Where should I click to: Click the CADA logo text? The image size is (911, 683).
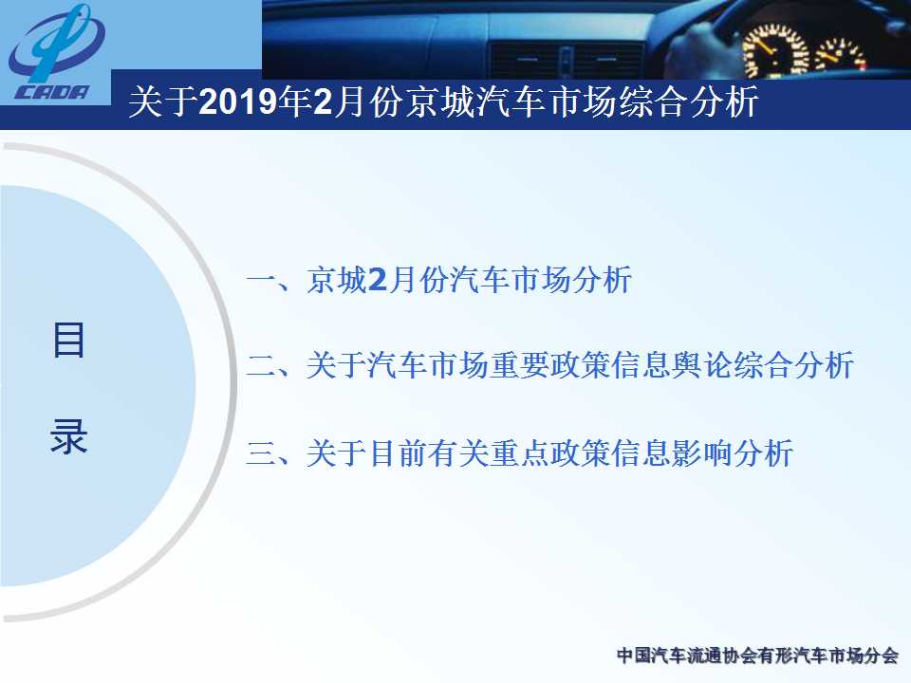(52, 92)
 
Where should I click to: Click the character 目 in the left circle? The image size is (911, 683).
(68, 341)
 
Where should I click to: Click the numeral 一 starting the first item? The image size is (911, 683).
(262, 281)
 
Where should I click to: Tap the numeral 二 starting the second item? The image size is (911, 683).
(262, 366)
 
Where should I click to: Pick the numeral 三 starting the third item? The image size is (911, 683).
(262, 453)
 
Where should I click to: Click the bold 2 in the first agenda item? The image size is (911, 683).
(377, 280)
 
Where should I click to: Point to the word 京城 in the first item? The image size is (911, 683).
(336, 280)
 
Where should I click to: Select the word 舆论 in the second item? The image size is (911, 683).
(702, 365)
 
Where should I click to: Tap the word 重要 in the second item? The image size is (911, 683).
(519, 365)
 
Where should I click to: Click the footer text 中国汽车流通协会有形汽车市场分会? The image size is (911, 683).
(757, 655)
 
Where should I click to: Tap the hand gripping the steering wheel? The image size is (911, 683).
(699, 49)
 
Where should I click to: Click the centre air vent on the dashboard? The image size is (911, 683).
(567, 61)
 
